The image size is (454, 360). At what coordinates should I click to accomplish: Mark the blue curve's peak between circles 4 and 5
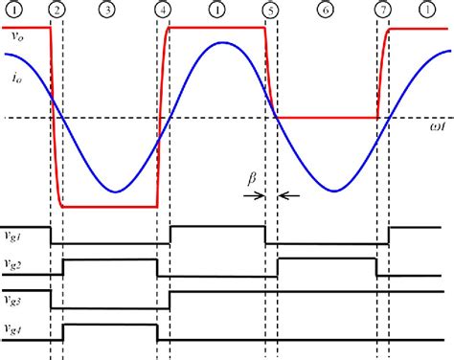(219, 44)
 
